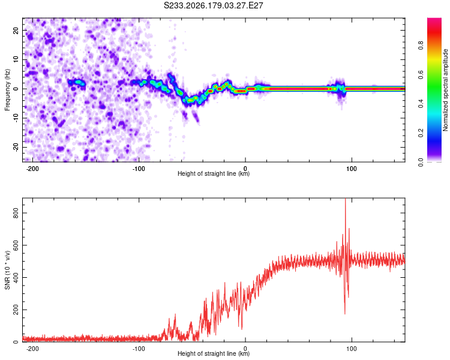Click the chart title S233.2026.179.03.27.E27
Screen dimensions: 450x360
point(213,5)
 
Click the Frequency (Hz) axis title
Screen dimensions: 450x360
point(7,90)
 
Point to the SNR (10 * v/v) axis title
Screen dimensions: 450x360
point(7,270)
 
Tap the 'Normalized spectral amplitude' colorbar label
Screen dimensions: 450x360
point(445,90)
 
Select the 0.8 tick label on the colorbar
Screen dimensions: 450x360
point(421,46)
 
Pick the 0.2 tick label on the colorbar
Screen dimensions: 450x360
point(421,133)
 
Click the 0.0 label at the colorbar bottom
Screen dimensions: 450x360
point(421,163)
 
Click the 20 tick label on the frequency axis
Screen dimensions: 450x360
point(16,30)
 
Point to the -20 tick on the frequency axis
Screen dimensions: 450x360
point(16,147)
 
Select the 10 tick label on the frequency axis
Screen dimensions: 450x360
point(16,59)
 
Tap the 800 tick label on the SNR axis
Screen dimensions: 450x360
point(16,213)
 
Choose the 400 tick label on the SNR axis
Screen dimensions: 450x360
point(16,278)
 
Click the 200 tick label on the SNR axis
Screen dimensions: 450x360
point(16,310)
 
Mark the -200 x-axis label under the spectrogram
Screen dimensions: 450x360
point(32,169)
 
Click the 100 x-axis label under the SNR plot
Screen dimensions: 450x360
point(351,349)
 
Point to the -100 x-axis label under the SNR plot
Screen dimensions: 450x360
point(139,349)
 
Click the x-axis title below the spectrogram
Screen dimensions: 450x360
point(214,173)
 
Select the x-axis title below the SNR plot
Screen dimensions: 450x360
point(214,353)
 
